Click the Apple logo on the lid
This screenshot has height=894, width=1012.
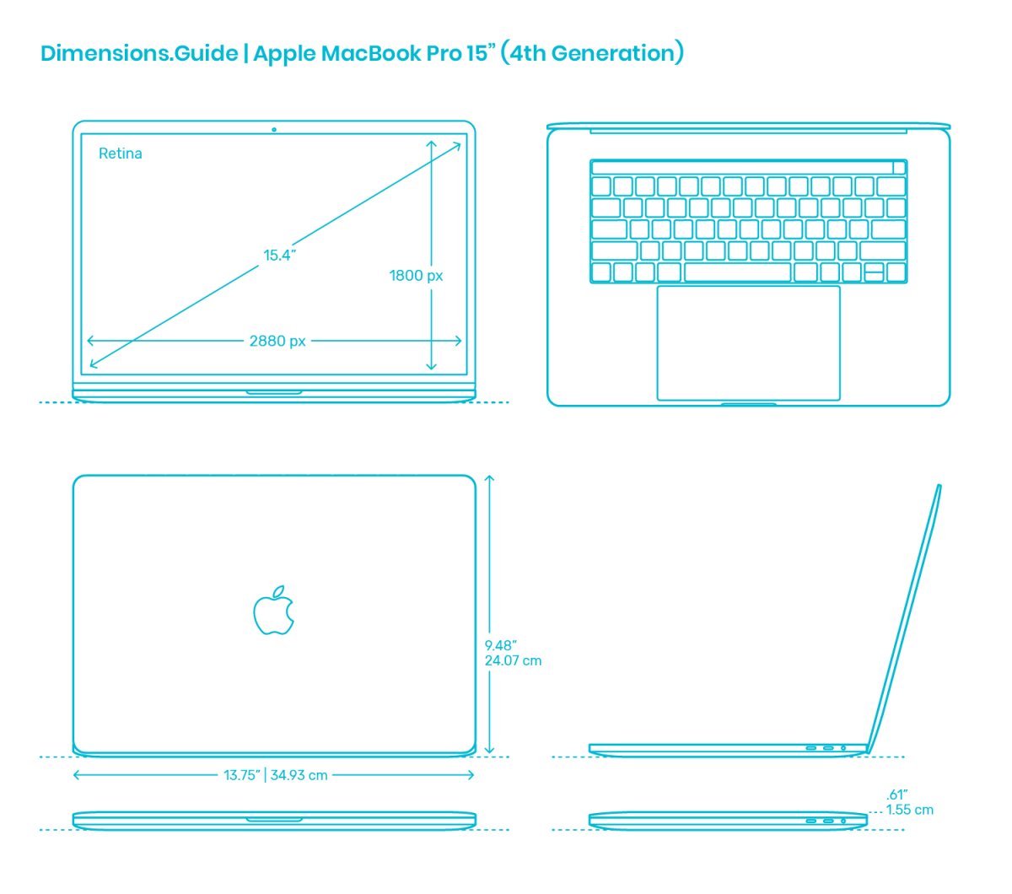point(273,610)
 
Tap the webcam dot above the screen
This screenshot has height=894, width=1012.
point(274,130)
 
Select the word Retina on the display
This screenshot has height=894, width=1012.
point(121,153)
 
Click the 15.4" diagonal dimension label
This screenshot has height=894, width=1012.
point(279,256)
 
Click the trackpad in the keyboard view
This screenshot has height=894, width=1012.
point(748,343)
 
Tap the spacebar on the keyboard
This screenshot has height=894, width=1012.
point(737,272)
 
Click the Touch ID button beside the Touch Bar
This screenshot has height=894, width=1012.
point(899,167)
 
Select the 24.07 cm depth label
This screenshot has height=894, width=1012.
point(513,660)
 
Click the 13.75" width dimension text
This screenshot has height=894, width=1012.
point(242,775)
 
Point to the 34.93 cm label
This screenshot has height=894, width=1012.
point(299,775)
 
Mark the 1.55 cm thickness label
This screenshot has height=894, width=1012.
point(910,810)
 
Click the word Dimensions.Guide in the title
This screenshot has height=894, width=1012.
point(139,53)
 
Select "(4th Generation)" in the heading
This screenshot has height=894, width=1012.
point(592,52)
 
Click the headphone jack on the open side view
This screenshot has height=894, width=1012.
point(843,748)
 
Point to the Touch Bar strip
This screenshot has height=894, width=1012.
point(742,167)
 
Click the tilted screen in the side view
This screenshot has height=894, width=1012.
point(905,619)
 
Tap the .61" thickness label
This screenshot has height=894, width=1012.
point(896,794)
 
